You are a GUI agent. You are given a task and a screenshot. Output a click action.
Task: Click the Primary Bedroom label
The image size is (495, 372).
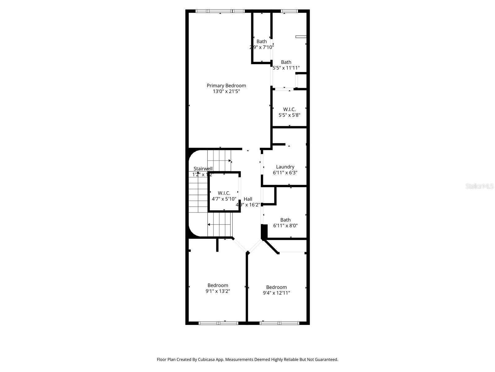point(226,86)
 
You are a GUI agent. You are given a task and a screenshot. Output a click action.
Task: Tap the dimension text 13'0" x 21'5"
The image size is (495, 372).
point(226,91)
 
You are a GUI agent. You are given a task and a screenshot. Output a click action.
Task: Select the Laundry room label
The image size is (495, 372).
point(285,167)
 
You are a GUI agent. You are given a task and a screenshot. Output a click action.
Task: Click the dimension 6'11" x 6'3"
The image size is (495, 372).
point(285,173)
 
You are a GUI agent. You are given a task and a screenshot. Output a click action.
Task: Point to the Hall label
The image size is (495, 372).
point(248,199)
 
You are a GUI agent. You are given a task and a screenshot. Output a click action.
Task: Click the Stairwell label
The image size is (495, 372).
point(203,169)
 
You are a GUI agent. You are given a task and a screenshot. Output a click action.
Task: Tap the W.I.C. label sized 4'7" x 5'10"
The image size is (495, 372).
point(224,193)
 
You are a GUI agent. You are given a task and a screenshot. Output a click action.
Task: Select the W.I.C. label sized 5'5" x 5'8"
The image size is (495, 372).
point(289,109)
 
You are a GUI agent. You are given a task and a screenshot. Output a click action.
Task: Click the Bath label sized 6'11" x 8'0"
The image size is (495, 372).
point(285,220)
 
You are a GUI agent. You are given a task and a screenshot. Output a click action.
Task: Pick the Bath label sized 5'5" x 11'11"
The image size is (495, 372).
point(286,62)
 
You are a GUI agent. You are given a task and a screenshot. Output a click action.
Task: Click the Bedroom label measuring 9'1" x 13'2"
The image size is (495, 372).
point(218,285)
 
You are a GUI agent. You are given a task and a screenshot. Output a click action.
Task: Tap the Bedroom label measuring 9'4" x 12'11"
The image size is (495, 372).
point(276,287)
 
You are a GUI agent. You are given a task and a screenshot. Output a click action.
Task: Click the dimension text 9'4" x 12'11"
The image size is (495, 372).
point(276,293)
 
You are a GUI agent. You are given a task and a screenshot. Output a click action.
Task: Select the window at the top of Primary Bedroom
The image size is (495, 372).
point(220,11)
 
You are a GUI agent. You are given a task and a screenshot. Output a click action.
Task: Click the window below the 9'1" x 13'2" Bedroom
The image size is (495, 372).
point(218,323)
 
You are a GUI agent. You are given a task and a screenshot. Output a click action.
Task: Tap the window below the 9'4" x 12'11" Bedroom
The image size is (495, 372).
point(279,323)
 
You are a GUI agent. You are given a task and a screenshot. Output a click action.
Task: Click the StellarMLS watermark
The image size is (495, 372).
point(480,186)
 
